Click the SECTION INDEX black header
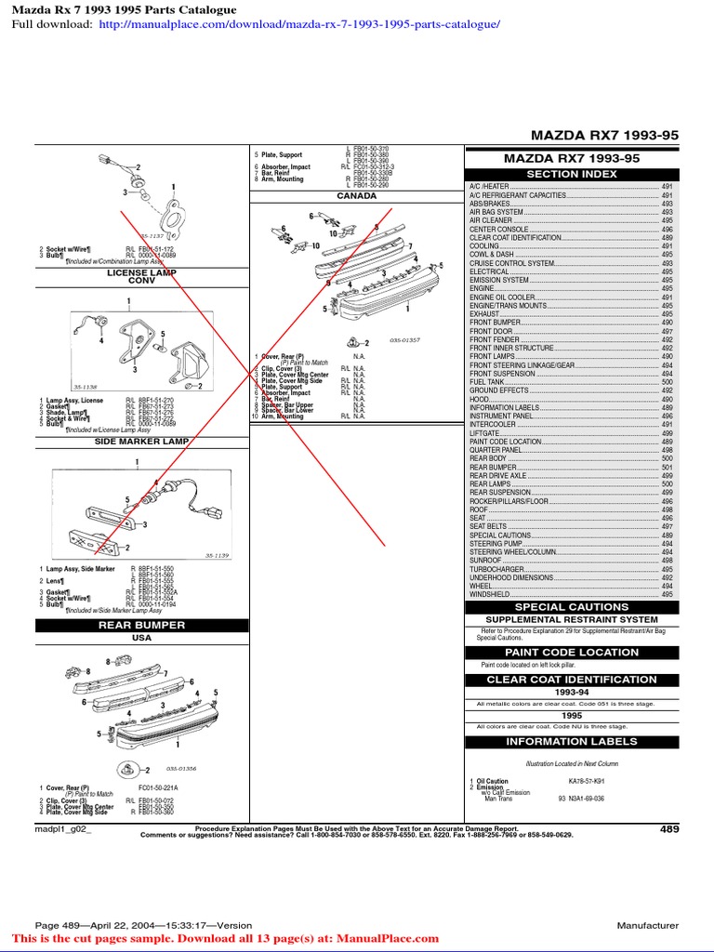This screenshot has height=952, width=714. point(571,174)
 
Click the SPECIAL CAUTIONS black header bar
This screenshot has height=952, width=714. point(571,607)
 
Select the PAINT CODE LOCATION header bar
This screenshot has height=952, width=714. point(571,653)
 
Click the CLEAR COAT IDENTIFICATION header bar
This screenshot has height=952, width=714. point(571,680)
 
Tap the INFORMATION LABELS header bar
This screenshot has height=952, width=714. point(571,742)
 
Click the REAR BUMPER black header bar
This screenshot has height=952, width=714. point(141,626)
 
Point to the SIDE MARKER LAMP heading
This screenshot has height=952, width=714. point(141,442)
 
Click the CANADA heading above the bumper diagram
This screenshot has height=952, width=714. point(357,196)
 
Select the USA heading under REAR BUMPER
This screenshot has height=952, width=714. point(141,639)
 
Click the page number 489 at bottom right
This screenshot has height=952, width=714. point(669,829)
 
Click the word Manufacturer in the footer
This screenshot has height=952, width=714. point(647,926)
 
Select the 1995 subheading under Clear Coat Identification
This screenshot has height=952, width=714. point(571,716)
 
